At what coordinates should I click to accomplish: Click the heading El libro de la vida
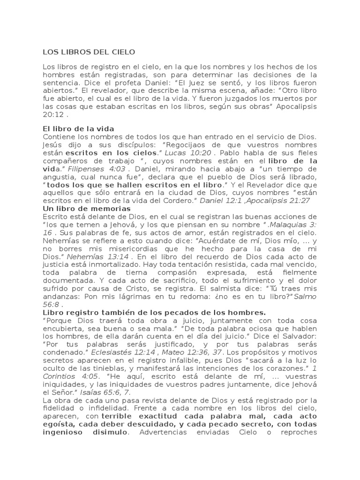point(79,128)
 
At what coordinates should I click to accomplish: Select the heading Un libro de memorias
point(87,208)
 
